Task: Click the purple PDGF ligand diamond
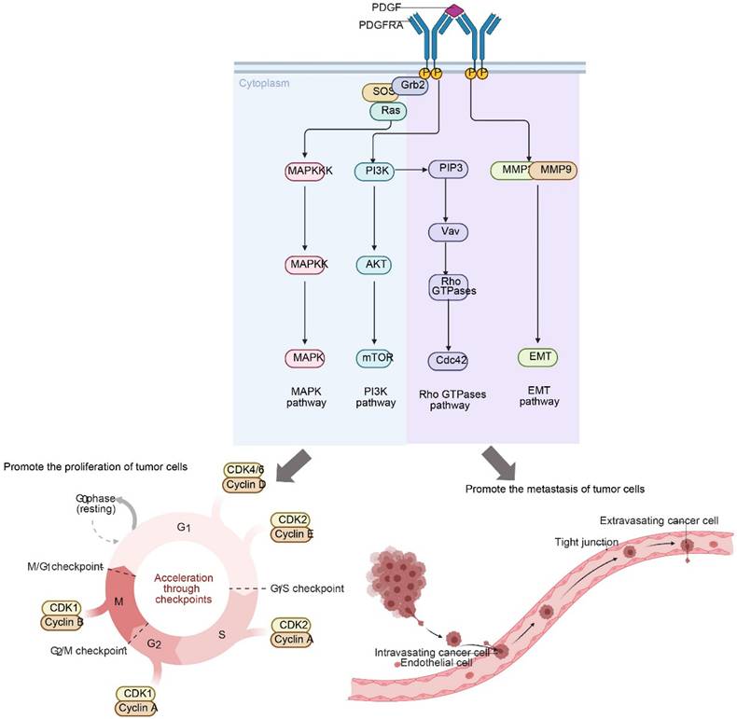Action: [x=454, y=10]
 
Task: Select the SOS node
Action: [x=379, y=93]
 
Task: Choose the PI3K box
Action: [x=374, y=171]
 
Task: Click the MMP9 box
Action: [x=556, y=171]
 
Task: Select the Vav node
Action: [x=449, y=231]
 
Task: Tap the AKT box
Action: [x=374, y=265]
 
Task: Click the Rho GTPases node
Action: [x=449, y=286]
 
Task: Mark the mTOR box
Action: [x=374, y=357]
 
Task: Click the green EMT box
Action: [x=537, y=357]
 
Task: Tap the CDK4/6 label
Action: [x=245, y=470]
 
